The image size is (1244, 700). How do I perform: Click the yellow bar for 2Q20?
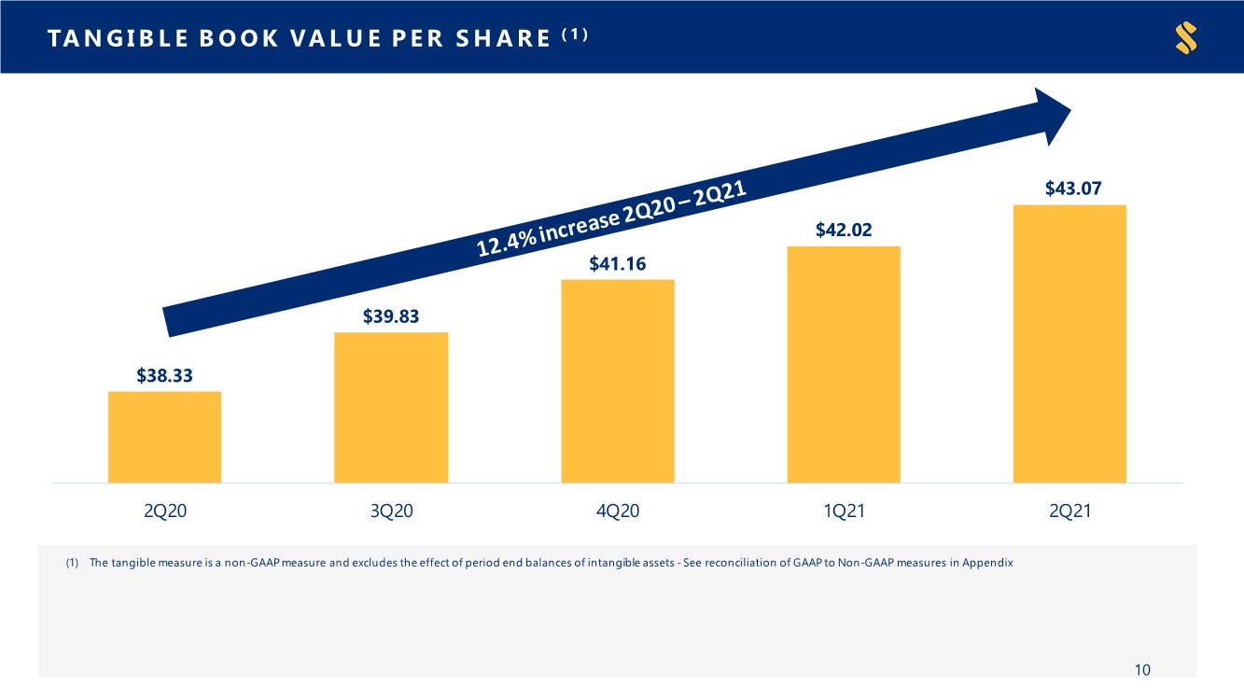164,437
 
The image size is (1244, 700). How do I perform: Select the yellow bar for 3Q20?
391,408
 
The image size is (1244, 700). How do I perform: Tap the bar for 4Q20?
618,381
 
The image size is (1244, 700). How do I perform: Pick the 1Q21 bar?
844,364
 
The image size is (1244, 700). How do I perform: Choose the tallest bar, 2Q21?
1069,343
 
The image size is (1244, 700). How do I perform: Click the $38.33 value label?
164,375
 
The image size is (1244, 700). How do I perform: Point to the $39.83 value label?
391,316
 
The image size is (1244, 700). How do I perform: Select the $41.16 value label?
618,264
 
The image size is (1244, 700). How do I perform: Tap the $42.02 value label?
844,230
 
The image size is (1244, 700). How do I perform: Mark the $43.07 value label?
1073,189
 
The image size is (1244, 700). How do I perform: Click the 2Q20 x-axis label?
165,511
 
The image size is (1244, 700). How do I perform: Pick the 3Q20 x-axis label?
392,511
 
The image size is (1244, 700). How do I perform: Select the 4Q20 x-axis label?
618,511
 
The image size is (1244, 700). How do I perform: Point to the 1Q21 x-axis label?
845,511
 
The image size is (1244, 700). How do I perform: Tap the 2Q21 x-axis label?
1070,511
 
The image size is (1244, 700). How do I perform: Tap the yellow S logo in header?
1186,37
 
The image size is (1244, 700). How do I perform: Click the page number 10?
1142,670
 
